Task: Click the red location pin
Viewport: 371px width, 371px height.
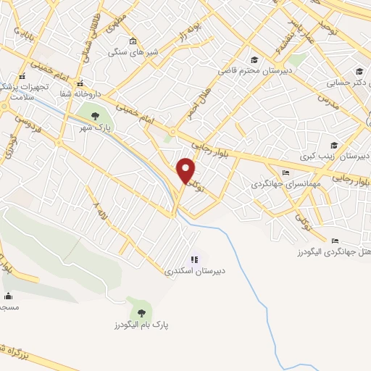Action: pos(187,170)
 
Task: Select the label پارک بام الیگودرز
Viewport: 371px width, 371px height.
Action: pos(141,326)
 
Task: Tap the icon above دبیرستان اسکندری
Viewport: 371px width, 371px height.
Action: pos(193,259)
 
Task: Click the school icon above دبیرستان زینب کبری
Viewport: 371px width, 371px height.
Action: pos(333,145)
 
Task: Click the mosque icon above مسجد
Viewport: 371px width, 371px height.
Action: pos(8,296)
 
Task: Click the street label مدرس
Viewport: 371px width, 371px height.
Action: pos(330,100)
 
